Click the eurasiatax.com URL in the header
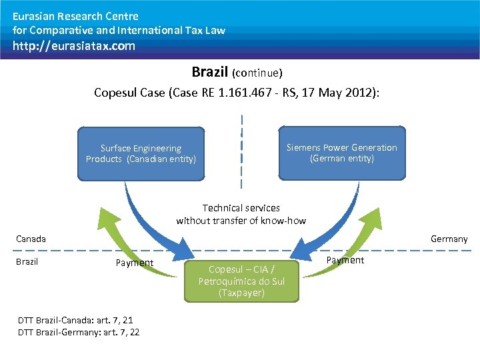(74, 46)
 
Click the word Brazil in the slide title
(210, 71)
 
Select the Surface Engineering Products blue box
(141, 154)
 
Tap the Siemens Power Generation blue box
(341, 153)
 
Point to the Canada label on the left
(31, 239)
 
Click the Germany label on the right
(449, 239)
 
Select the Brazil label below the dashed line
(27, 261)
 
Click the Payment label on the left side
(135, 263)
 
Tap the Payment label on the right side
(345, 260)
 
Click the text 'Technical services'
(241, 208)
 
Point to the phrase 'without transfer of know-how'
(241, 221)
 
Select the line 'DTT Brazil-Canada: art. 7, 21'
(75, 321)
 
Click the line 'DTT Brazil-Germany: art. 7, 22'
(79, 332)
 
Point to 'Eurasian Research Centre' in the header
(75, 16)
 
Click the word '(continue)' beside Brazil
(257, 72)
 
